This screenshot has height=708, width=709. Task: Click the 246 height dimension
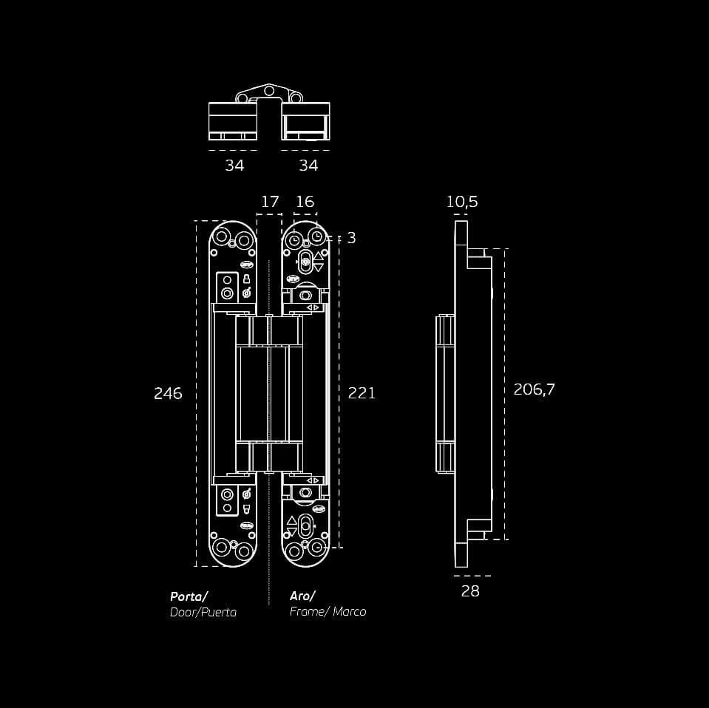pos(168,393)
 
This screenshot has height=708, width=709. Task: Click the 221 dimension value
pos(362,393)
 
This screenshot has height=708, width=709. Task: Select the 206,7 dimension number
pos(534,389)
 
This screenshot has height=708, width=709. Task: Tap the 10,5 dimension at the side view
pos(461,202)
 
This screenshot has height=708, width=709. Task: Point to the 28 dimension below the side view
pos(470,591)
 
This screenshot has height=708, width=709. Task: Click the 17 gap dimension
pos(270,202)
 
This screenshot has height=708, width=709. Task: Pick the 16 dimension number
pos(305,202)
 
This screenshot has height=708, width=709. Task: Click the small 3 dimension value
pos(351,238)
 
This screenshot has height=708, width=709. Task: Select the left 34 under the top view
pos(234,166)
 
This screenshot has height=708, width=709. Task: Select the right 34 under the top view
pos(308,166)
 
